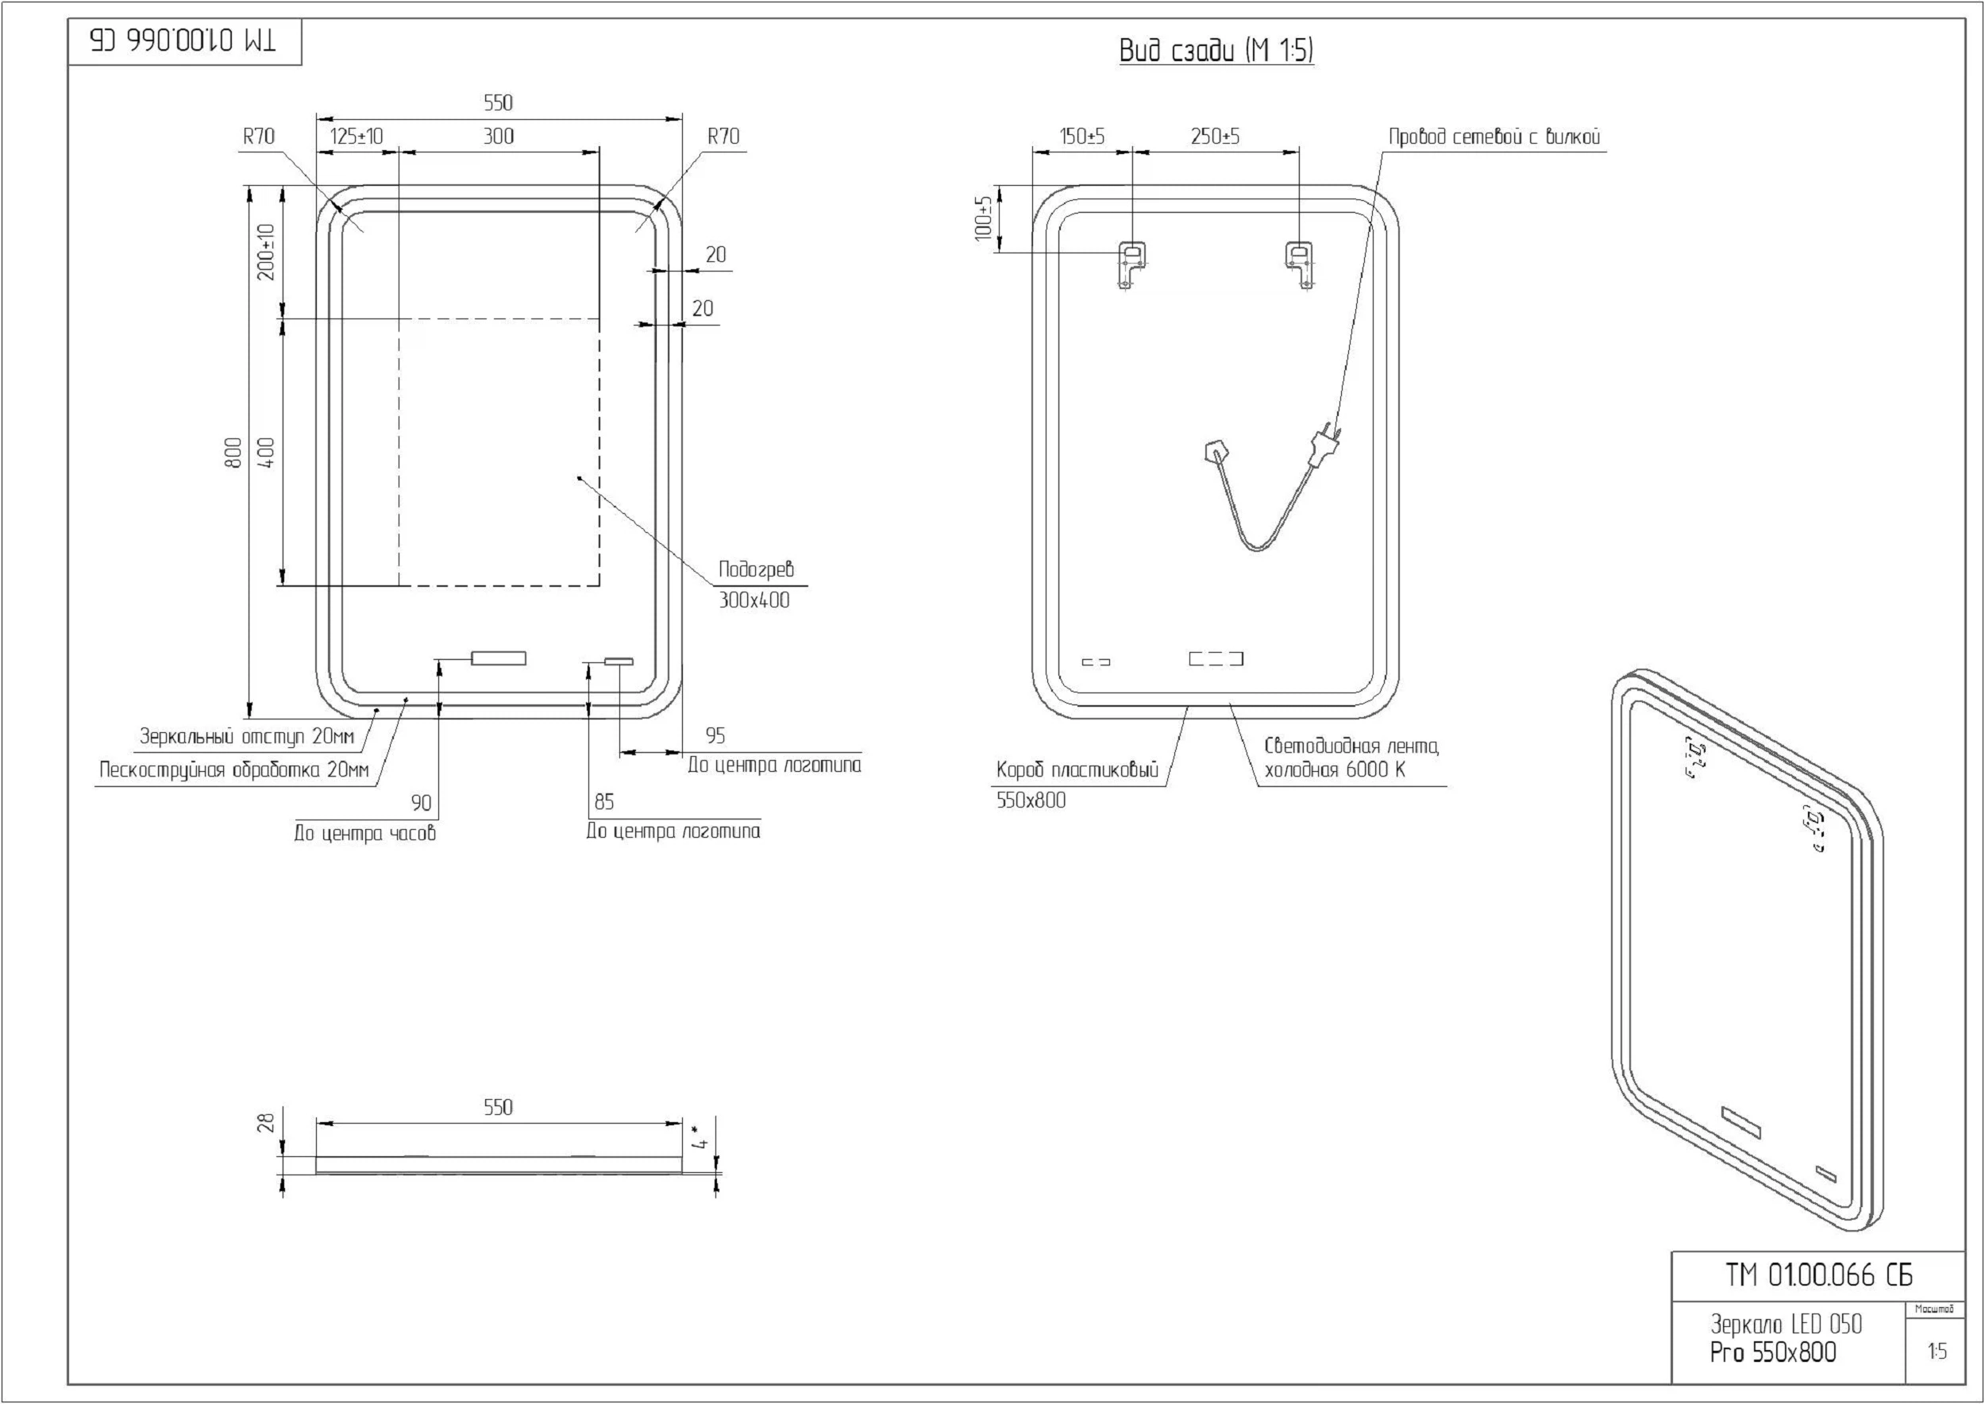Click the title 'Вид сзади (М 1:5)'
pyautogui.click(x=1216, y=50)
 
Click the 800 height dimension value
pyautogui.click(x=233, y=452)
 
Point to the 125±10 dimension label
pyautogui.click(x=357, y=137)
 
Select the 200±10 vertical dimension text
pyautogui.click(x=266, y=253)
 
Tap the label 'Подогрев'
pyautogui.click(x=756, y=569)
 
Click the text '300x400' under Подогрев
pyautogui.click(x=754, y=601)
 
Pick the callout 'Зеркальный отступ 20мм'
pyautogui.click(x=247, y=738)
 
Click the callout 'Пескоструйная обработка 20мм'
pyautogui.click(x=233, y=770)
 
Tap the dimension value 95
pyautogui.click(x=715, y=735)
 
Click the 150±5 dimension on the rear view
pyautogui.click(x=1081, y=137)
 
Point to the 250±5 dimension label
pyautogui.click(x=1215, y=137)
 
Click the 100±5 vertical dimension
pyautogui.click(x=984, y=218)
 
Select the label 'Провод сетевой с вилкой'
pyautogui.click(x=1494, y=137)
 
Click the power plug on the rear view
pyautogui.click(x=1324, y=445)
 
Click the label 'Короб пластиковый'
pyautogui.click(x=1077, y=770)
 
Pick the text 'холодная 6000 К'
pyautogui.click(x=1335, y=770)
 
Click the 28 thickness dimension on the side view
pyautogui.click(x=266, y=1123)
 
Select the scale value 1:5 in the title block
pyautogui.click(x=1937, y=1351)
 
